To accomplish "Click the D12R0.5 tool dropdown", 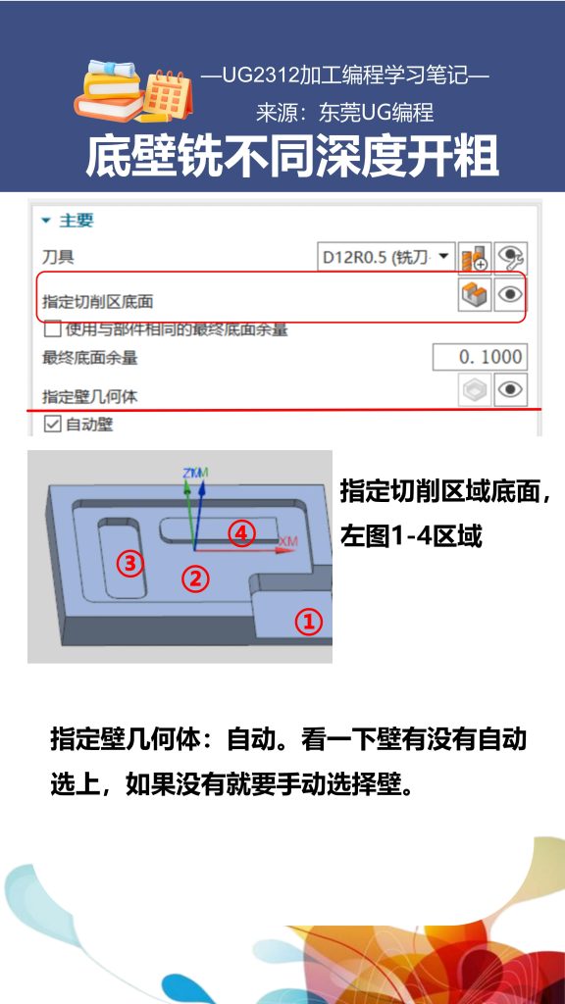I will pos(387,258).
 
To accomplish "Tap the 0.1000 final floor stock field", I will pos(480,357).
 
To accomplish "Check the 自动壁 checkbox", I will pos(53,425).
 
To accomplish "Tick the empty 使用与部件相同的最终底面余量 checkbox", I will pos(53,329).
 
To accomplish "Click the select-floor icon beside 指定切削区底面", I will pos(475,294).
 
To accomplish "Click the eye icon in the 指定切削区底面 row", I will pos(508,294).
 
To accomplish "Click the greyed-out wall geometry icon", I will pos(475,389).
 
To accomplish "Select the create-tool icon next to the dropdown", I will pos(475,258).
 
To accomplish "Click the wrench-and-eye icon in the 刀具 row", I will pos(509,258).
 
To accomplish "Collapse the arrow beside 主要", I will pos(45,221).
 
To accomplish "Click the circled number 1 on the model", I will pos(309,622).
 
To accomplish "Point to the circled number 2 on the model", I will pos(196,578).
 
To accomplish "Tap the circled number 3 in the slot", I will pos(130,563).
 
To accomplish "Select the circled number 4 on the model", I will pos(241,533).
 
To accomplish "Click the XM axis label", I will pos(288,541).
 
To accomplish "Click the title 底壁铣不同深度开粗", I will pos(292,156).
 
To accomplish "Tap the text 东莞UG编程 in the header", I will pos(376,113).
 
